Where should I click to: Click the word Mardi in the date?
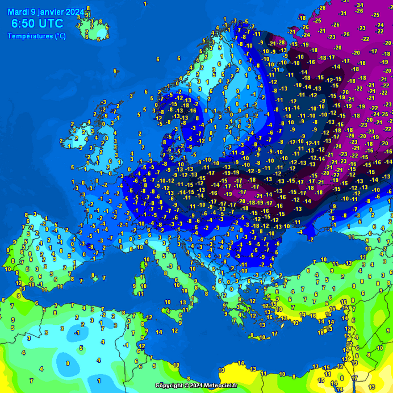(19, 12)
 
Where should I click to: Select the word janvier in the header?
(52, 12)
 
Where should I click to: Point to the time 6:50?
(24, 24)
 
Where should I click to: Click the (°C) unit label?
(61, 36)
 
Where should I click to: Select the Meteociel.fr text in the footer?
(221, 386)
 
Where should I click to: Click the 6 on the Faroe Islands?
(115, 72)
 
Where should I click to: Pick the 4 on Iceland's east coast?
(106, 37)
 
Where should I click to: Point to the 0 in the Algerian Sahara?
(68, 362)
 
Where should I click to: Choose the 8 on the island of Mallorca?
(93, 275)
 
